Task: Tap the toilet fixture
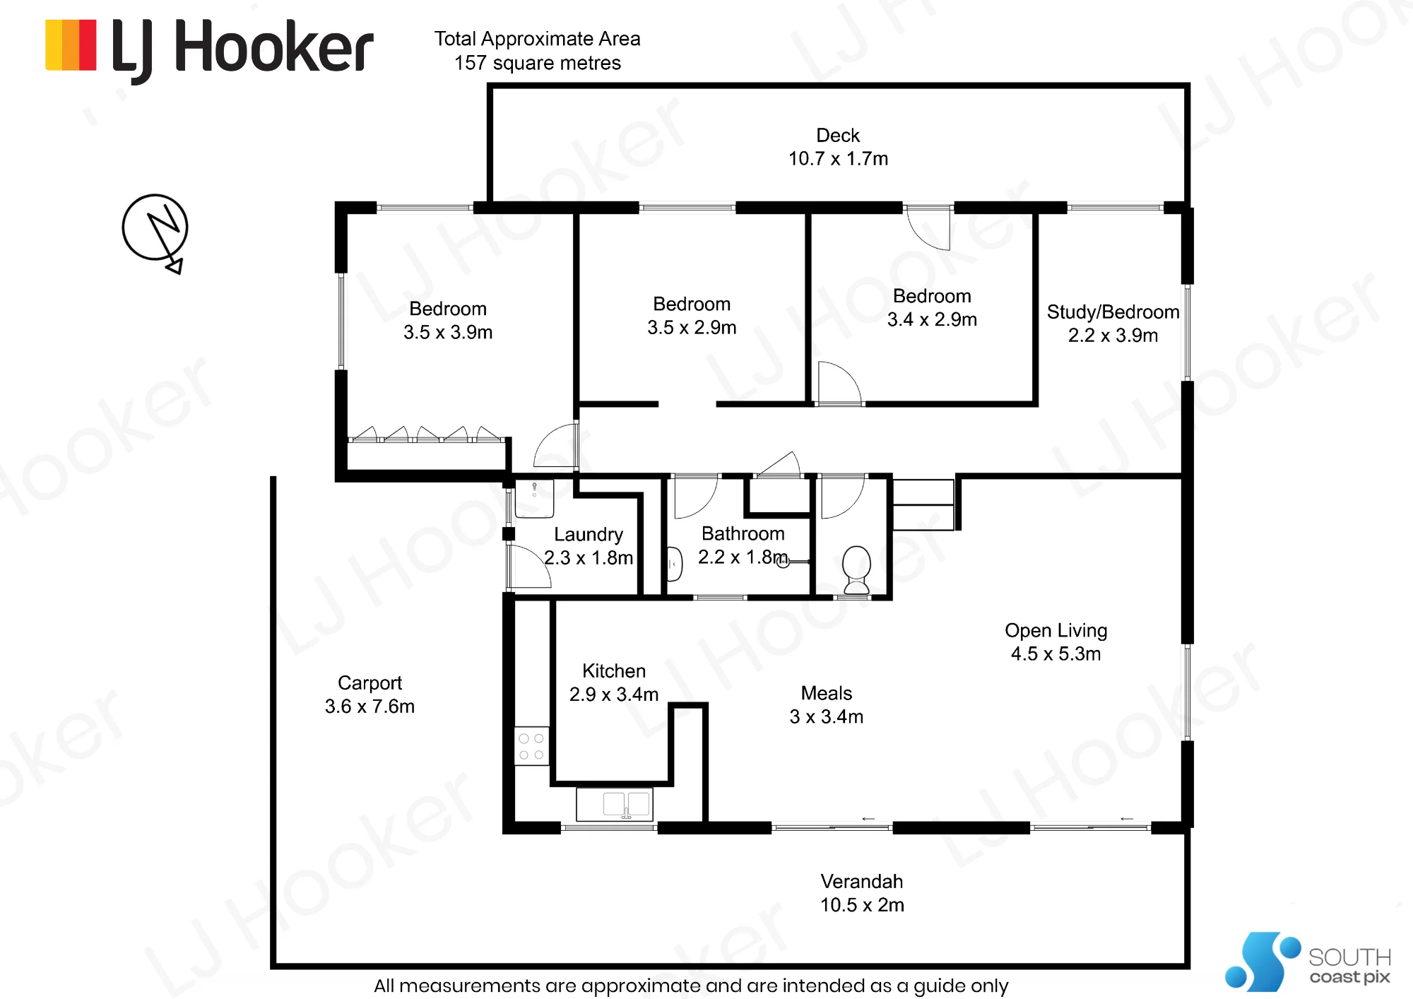pyautogui.click(x=857, y=569)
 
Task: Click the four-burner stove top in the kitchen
pyautogui.click(x=531, y=746)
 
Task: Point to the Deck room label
pyautogui.click(x=838, y=135)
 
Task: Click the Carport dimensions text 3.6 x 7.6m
pyautogui.click(x=369, y=706)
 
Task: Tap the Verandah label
pyautogui.click(x=862, y=881)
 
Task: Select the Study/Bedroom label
pyautogui.click(x=1113, y=312)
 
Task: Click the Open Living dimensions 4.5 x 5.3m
pyautogui.click(x=1056, y=654)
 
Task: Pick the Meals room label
pyautogui.click(x=827, y=693)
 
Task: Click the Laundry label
pyautogui.click(x=589, y=534)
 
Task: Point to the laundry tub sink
pyautogui.click(x=534, y=498)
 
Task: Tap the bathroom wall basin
pyautogui.click(x=675, y=564)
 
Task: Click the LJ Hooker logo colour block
pyautogui.click(x=71, y=45)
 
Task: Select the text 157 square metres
pyautogui.click(x=538, y=63)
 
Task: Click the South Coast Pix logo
pyautogui.click(x=1308, y=962)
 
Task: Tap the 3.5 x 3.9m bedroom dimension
pyautogui.click(x=448, y=332)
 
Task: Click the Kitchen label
pyautogui.click(x=614, y=670)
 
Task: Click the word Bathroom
pyautogui.click(x=743, y=533)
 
